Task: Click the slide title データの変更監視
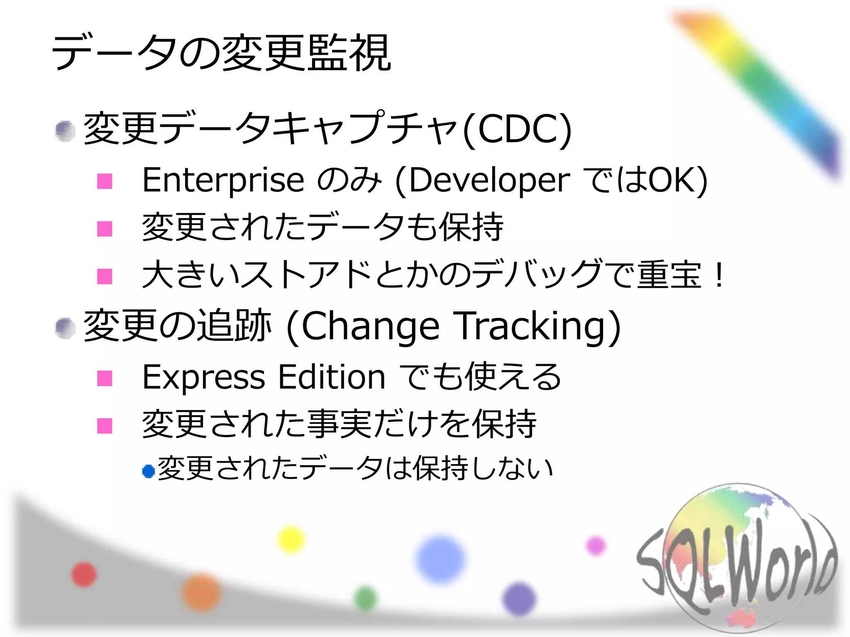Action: coord(221,53)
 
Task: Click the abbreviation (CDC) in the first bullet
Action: coord(518,129)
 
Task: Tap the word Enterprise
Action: coord(223,180)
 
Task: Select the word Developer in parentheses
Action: coord(490,181)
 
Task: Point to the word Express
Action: coord(203,377)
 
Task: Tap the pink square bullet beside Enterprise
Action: coord(105,181)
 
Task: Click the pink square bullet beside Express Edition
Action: coord(105,378)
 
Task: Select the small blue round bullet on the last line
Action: coord(148,471)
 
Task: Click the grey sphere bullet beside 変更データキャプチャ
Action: coord(65,131)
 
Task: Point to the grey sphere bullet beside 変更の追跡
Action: coord(65,328)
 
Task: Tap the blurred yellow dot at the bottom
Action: coord(291,539)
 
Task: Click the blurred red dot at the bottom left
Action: coord(84,575)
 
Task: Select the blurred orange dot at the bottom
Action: coord(202,592)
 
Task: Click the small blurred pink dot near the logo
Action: coord(596,545)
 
